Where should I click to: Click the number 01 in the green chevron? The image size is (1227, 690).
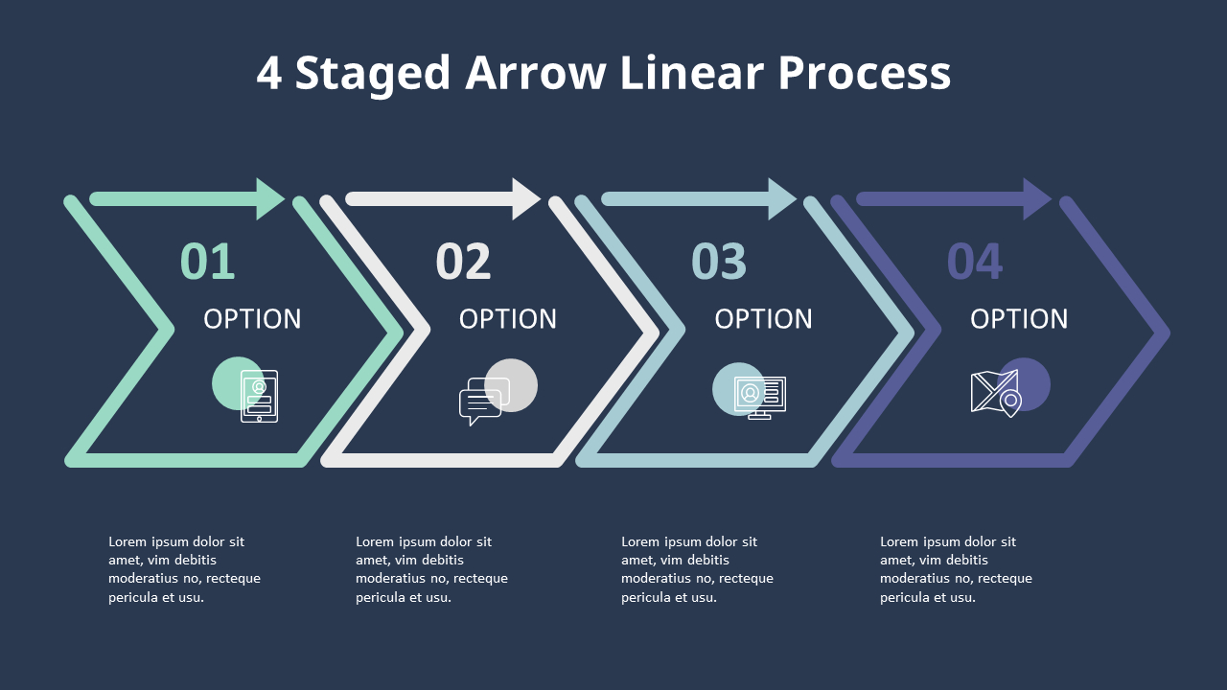pos(208,262)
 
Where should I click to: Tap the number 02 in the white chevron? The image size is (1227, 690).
pos(463,262)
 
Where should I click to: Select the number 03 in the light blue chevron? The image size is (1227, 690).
pos(719,262)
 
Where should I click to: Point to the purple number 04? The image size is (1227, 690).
pos(975,262)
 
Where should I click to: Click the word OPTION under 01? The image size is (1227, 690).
pos(252,319)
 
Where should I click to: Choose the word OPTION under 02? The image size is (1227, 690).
pos(508,319)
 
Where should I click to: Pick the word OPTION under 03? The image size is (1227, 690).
pos(764,319)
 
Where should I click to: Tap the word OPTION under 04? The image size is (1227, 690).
pos(1019,319)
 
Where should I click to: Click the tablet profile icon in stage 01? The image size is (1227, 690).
pos(259,397)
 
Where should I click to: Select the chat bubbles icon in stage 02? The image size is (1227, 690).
pos(484,402)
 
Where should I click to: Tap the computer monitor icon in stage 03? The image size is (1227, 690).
pos(760,398)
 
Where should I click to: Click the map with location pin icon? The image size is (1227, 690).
pos(996,394)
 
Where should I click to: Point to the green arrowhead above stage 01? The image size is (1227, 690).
pos(269,198)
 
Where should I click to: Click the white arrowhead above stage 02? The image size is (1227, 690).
pos(525,198)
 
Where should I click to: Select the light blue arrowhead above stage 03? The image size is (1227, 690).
pos(781,198)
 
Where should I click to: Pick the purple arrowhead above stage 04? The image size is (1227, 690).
pos(1036,198)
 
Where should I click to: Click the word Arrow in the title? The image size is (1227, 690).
pos(535,73)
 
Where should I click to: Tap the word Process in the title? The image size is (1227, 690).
pos(865,73)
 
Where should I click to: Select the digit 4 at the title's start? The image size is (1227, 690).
pos(269,73)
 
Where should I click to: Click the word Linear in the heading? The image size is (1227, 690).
pos(692,72)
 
